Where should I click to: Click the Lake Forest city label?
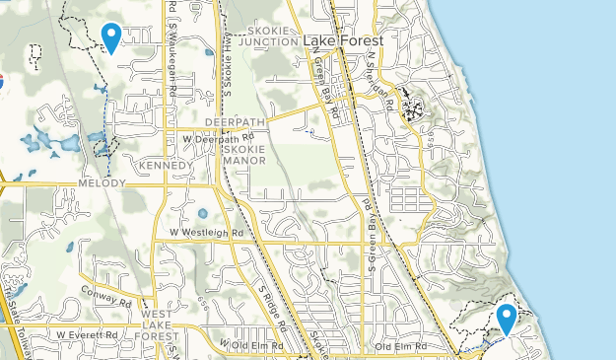343,40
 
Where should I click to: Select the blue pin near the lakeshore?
507,319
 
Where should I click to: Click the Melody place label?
102,184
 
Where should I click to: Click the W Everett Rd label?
86,334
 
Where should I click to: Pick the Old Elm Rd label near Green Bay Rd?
399,347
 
